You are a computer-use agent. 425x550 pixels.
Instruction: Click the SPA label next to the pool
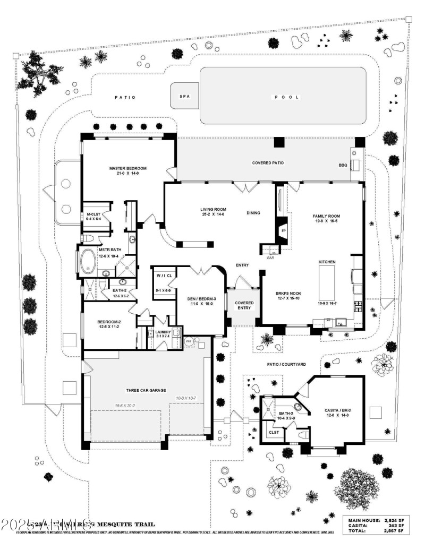[184, 97]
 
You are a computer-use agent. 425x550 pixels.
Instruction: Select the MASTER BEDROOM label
[127, 168]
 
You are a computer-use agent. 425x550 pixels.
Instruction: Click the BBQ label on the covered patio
[343, 165]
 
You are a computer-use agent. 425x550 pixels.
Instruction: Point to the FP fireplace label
[283, 231]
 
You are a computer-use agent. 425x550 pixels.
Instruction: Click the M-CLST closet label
[93, 214]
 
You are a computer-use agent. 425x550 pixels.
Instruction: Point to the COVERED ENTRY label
[244, 306]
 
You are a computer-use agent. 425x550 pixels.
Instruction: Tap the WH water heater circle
[188, 342]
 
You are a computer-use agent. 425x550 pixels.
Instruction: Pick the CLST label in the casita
[274, 432]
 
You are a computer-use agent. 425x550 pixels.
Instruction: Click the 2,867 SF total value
[392, 530]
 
